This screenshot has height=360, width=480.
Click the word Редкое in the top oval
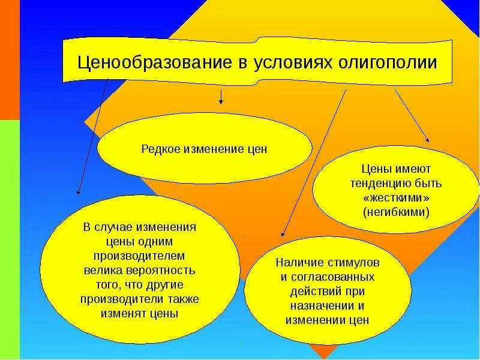(161, 148)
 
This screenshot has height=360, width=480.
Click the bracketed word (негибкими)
(396, 212)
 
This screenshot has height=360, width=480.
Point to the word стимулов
(353, 262)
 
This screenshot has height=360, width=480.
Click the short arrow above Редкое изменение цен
(221, 97)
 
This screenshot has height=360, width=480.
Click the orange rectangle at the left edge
(10, 60)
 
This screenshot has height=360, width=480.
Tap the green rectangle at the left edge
(10, 240)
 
